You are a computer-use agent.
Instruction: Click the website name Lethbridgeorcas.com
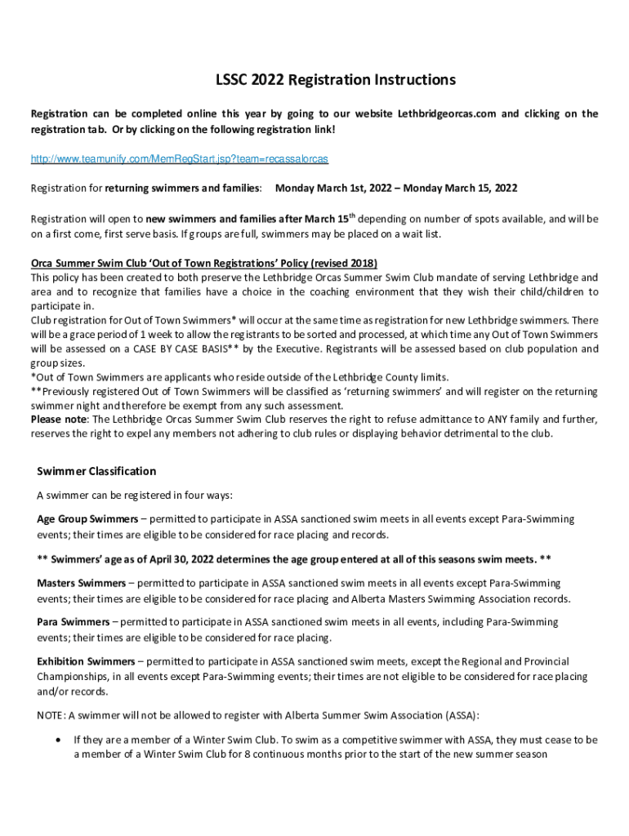click(x=447, y=114)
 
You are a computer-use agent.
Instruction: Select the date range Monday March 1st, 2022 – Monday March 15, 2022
click(x=396, y=189)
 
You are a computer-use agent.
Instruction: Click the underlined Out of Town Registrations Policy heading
click(x=204, y=264)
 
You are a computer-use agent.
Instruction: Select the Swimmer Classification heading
click(x=96, y=471)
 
